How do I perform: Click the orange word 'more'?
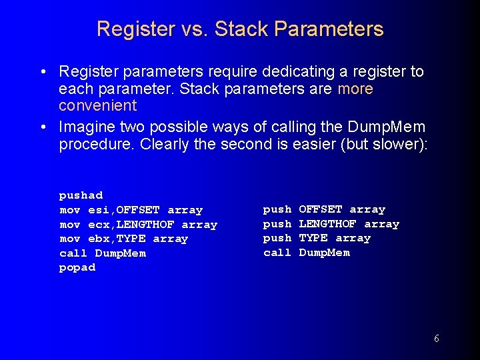355,89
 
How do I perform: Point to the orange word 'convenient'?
97,105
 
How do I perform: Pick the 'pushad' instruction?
81,195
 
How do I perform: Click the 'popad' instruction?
77,267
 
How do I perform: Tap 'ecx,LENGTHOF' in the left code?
131,225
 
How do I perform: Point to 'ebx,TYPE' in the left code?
117,239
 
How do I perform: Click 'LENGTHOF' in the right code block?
327,224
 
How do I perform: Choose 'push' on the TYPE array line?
277,238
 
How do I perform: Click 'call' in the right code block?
277,253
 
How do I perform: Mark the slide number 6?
436,339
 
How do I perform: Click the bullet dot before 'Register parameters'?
42,72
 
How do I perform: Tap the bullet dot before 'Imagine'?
42,127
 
